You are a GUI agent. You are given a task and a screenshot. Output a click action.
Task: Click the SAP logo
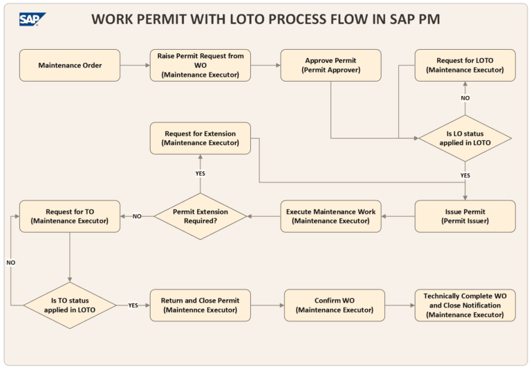click(x=32, y=19)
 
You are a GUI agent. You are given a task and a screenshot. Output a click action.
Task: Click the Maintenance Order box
click(x=70, y=66)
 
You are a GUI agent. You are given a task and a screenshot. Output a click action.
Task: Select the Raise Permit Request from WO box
click(x=201, y=66)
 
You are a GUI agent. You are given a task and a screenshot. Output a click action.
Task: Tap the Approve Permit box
click(x=330, y=66)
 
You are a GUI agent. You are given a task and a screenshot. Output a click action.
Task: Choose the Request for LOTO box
click(x=465, y=66)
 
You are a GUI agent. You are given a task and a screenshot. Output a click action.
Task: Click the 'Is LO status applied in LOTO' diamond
click(x=465, y=138)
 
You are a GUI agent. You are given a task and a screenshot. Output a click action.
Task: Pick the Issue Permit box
click(x=465, y=216)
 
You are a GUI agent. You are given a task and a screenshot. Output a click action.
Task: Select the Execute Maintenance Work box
click(x=330, y=216)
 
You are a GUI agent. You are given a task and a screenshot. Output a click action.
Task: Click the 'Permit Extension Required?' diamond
click(x=200, y=216)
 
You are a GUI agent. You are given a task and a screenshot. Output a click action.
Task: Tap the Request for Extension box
click(x=201, y=138)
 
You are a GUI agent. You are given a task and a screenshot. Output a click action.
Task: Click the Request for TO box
click(x=70, y=216)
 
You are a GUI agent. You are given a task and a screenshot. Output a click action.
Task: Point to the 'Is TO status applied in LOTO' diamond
click(x=70, y=305)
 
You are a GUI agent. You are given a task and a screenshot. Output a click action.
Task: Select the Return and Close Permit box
click(x=201, y=305)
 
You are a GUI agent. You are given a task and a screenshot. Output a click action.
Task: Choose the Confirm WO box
click(x=335, y=305)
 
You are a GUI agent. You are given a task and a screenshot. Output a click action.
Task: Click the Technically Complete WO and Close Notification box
click(x=465, y=305)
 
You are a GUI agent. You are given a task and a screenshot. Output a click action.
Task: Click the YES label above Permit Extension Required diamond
click(x=200, y=173)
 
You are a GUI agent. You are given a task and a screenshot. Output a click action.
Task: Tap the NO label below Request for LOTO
click(x=465, y=98)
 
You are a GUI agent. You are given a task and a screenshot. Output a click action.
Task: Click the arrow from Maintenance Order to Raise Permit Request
click(x=135, y=66)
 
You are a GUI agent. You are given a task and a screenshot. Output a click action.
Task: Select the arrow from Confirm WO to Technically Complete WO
click(x=400, y=305)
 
